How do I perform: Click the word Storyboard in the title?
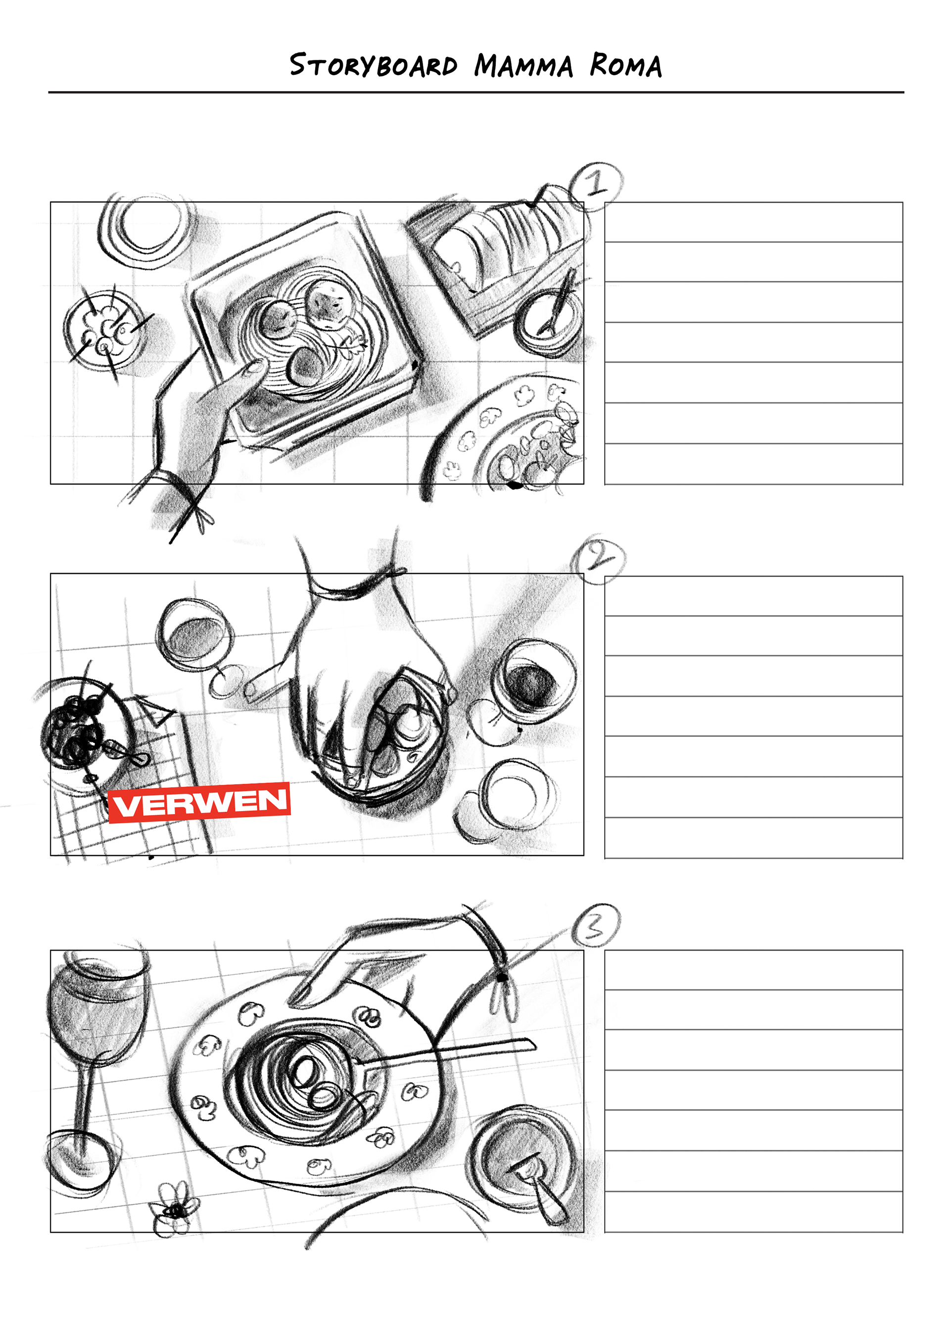tap(374, 65)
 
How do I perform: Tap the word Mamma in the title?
tap(523, 65)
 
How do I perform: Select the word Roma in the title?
tap(626, 65)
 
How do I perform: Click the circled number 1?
tap(596, 186)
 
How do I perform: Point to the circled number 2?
tap(599, 559)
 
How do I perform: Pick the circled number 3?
tap(595, 925)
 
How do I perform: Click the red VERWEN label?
tap(199, 803)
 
